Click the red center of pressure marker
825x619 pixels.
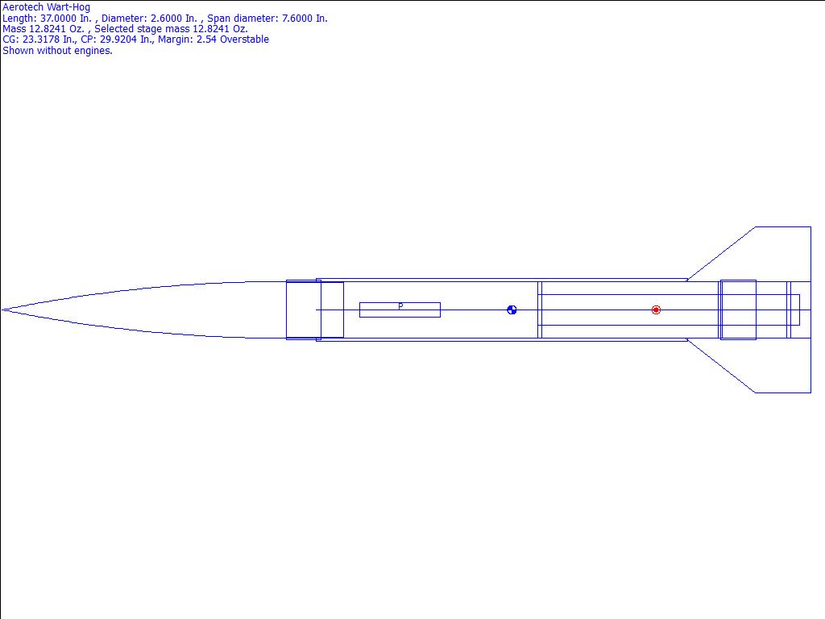click(656, 310)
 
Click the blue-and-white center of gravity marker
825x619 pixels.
click(512, 310)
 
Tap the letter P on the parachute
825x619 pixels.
click(401, 305)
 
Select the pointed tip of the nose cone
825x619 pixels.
click(2, 310)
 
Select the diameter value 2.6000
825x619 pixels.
click(168, 19)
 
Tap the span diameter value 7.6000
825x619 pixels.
click(298, 19)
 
